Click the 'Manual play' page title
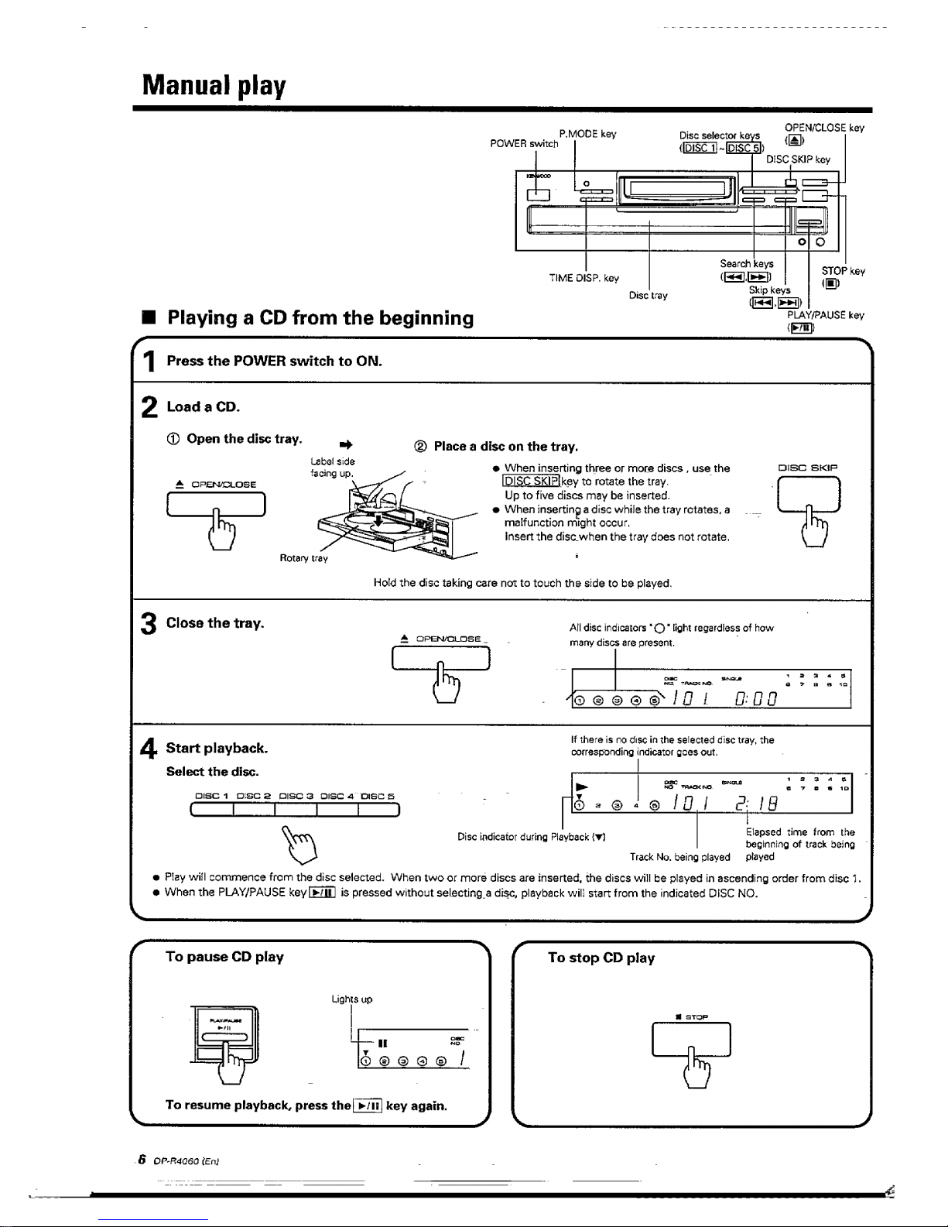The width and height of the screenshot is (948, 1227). tap(214, 84)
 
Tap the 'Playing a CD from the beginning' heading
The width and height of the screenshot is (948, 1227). tap(320, 318)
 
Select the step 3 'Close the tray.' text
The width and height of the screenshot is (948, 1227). tap(215, 623)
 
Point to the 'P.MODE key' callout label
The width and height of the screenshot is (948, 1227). tap(587, 134)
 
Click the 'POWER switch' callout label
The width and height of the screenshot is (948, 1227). tap(524, 144)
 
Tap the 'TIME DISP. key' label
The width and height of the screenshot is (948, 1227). tap(584, 278)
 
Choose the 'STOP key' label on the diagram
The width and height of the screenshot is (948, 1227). tap(843, 271)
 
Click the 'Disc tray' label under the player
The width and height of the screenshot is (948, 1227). tap(648, 295)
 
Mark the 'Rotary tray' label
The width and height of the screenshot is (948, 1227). tap(303, 558)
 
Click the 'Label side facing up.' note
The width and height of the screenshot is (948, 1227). tap(332, 468)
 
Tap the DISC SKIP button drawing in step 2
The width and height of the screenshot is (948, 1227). tap(808, 495)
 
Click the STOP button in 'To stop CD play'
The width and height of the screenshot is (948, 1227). tap(691, 1039)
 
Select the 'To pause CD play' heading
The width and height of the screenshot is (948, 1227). tap(224, 957)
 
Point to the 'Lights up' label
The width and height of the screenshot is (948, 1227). tap(352, 999)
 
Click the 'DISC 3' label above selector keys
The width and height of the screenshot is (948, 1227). tap(295, 796)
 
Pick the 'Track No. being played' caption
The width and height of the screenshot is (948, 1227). tap(679, 857)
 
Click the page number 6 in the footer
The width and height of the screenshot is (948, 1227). tap(142, 1160)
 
